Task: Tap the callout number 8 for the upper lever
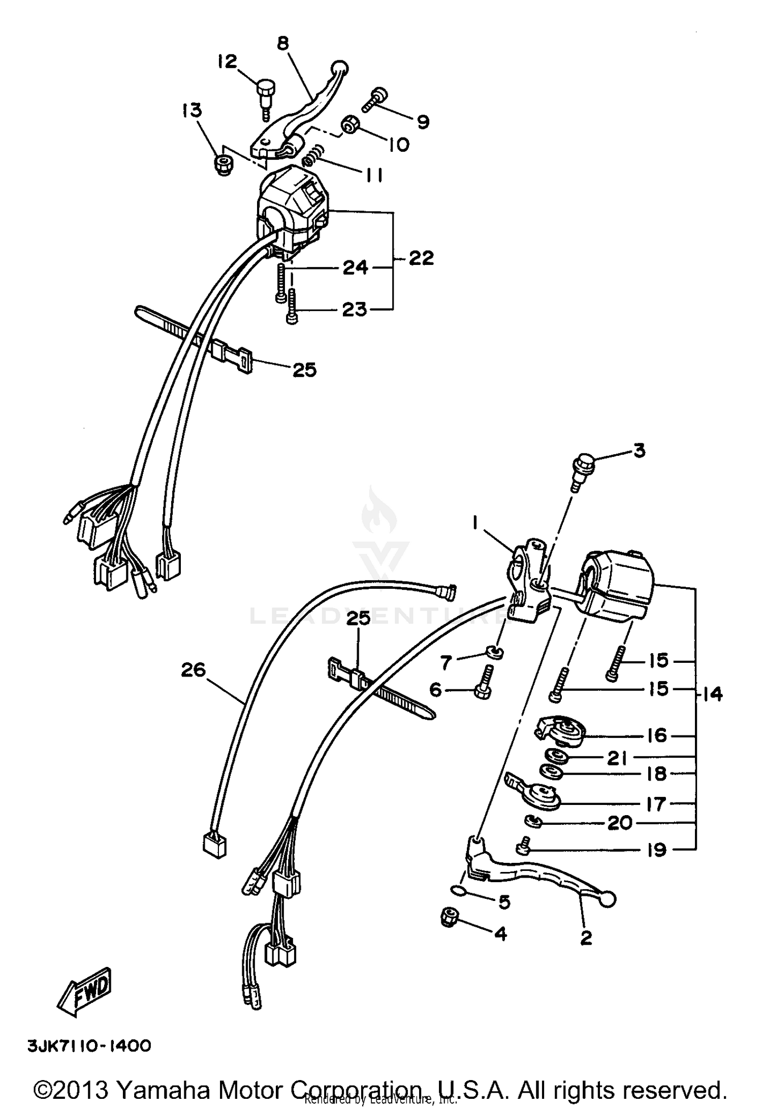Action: (283, 44)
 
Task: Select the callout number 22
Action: (421, 258)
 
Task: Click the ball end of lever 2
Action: (608, 900)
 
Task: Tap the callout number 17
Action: (656, 804)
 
